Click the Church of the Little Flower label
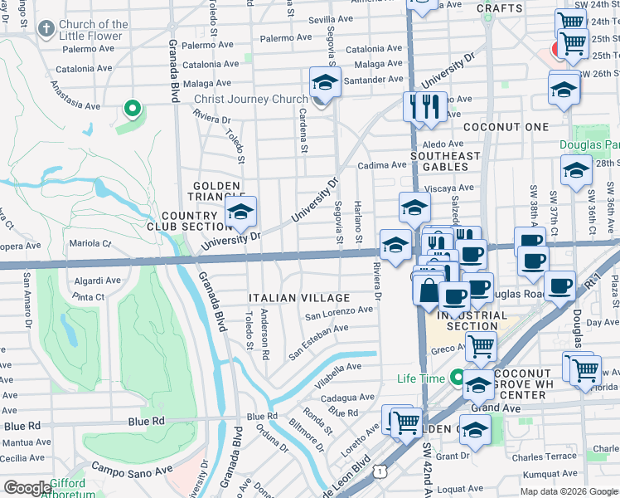click(x=93, y=30)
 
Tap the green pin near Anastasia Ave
click(x=130, y=108)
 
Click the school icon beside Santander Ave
click(x=324, y=83)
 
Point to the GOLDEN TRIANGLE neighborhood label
click(x=216, y=191)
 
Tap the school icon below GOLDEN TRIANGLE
click(x=240, y=212)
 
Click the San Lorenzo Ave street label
click(x=339, y=312)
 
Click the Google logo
click(x=27, y=488)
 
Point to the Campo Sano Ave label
click(x=131, y=468)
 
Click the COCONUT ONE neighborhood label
click(x=506, y=127)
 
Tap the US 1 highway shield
click(x=379, y=471)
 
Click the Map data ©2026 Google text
click(x=567, y=491)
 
